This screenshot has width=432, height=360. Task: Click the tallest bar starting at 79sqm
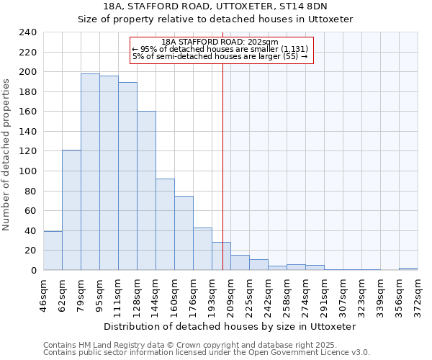(90, 172)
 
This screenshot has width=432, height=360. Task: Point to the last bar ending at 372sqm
(408, 269)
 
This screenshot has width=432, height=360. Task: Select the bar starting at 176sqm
(202, 249)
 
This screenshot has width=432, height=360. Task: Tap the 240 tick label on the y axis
(27, 32)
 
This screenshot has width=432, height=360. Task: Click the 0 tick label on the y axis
(33, 271)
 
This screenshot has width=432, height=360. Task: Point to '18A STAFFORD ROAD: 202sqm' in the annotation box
(220, 42)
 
